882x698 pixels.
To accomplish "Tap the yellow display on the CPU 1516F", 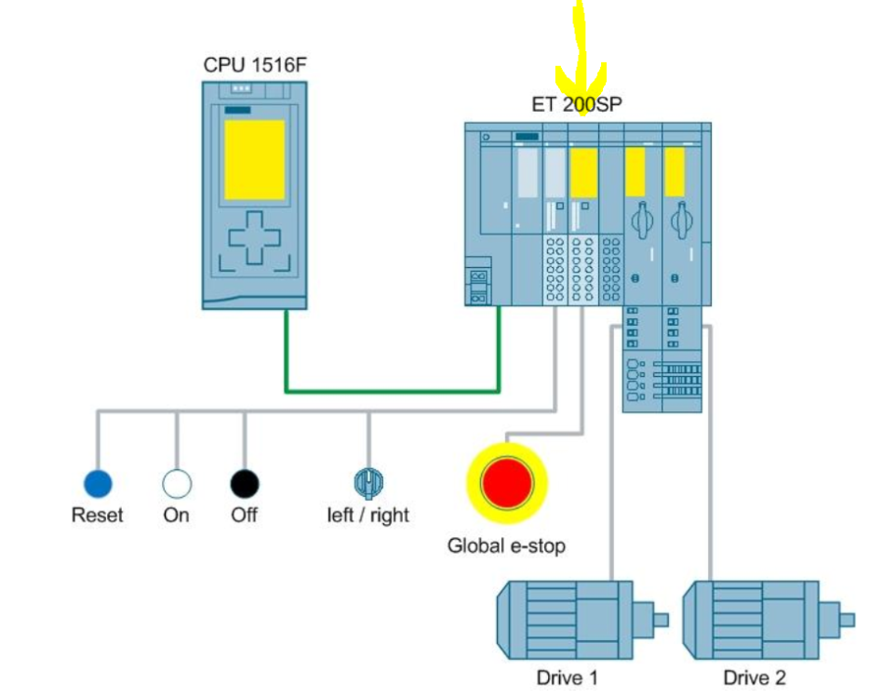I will tap(254, 159).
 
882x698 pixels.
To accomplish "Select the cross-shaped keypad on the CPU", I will tap(254, 240).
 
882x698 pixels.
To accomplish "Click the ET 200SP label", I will tap(577, 104).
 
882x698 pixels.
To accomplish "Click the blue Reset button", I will tap(97, 484).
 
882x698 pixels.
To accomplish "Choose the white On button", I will tap(177, 484).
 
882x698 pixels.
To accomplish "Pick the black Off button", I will tap(245, 484).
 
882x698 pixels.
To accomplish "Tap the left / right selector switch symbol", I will tap(369, 482).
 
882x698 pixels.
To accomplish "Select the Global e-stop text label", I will tap(506, 545).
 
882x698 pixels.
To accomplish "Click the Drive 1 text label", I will tap(567, 678).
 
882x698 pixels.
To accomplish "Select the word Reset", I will tap(97, 515).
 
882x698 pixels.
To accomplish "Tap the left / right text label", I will tap(368, 515).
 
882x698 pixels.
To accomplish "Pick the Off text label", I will tap(245, 515).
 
